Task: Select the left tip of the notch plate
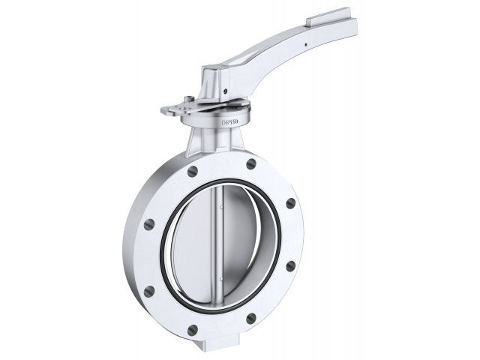(164, 112)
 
